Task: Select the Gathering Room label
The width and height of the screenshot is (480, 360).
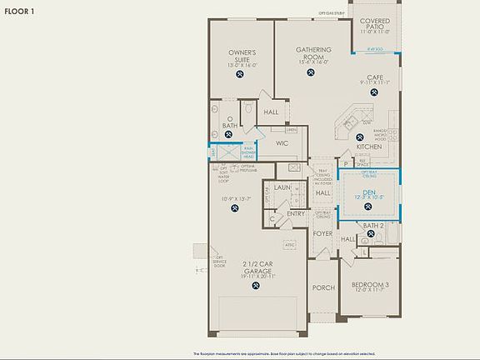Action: coord(313,54)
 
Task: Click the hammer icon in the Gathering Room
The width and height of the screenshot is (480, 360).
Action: coord(313,72)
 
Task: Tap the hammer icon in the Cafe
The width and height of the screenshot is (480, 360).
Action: coord(374,97)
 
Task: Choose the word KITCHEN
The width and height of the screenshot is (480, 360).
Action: coord(368,147)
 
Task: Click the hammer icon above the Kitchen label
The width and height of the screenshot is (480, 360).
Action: coord(360,137)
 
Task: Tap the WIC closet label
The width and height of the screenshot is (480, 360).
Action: coord(282,143)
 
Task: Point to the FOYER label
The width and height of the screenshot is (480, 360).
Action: coord(322,234)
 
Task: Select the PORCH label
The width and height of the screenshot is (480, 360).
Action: coord(322,287)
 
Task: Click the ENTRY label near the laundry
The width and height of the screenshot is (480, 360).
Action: coord(296,214)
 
